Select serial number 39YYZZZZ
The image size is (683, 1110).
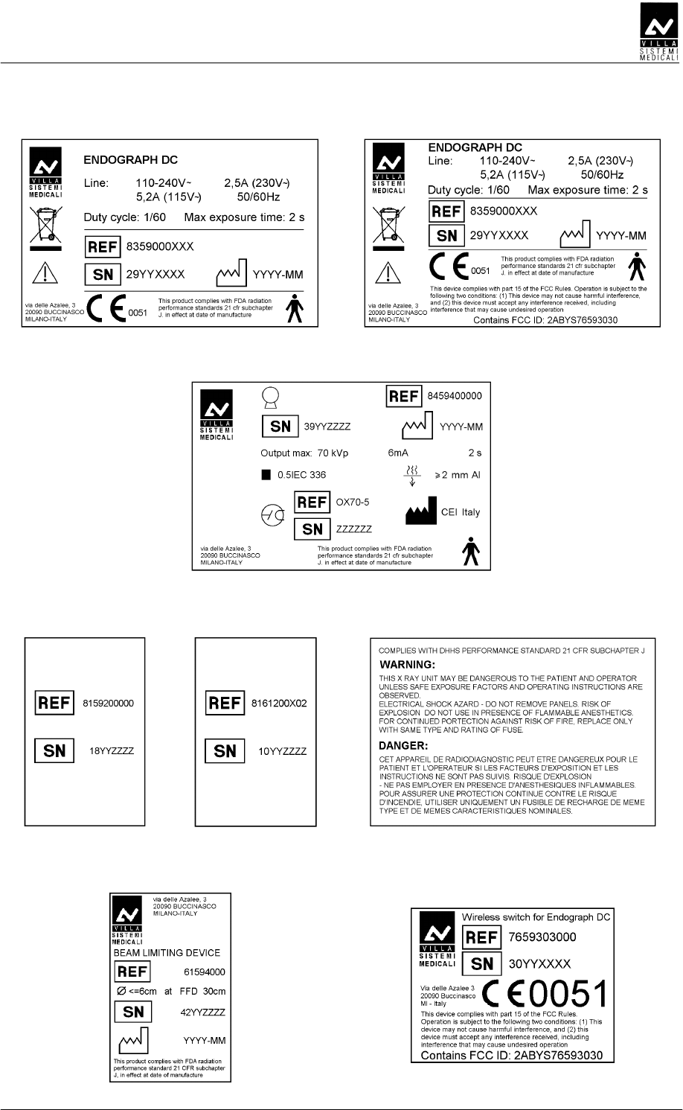327,427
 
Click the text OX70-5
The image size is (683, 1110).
353,503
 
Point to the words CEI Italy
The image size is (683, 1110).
461,512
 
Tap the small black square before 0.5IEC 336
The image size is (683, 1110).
266,474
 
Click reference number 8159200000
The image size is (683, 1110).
109,703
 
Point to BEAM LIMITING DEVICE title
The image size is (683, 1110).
166,953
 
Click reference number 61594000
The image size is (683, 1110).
204,972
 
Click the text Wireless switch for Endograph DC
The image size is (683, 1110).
536,917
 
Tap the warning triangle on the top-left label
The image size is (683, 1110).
41,275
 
